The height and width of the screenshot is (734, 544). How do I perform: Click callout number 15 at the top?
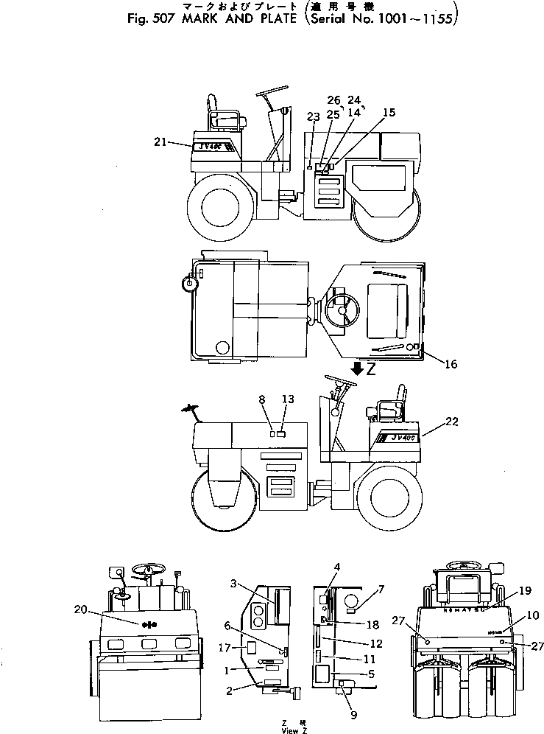coord(389,113)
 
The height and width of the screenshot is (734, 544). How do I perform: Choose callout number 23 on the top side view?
coord(314,116)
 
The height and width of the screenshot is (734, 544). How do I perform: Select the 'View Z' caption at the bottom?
coord(294,730)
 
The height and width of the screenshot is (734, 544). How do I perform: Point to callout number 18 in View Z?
coord(372,624)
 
